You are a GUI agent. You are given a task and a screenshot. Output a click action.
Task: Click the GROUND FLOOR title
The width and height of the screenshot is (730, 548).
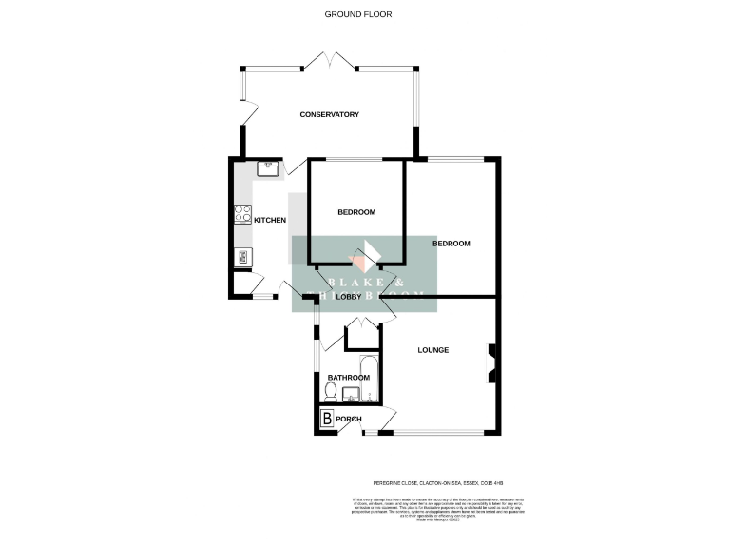(x=357, y=14)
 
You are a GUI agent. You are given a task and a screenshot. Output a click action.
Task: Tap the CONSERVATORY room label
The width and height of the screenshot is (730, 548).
(x=329, y=115)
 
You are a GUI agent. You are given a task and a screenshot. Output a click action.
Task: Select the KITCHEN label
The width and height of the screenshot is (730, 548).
(x=269, y=221)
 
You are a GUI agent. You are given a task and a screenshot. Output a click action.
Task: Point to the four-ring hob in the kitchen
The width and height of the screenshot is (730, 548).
(x=242, y=214)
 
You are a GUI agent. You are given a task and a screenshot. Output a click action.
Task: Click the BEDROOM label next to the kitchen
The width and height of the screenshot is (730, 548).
(x=356, y=212)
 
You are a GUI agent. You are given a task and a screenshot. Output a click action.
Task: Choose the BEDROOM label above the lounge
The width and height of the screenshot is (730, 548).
(x=451, y=244)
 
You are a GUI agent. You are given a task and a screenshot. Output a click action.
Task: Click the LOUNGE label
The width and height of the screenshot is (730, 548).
(x=433, y=351)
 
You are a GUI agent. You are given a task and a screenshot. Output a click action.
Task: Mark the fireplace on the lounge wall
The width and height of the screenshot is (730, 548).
(x=491, y=363)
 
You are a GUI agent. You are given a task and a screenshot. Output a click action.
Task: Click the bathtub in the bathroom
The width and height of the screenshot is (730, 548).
(x=370, y=379)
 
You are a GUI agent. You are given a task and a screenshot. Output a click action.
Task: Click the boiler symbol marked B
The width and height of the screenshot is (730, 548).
(x=326, y=419)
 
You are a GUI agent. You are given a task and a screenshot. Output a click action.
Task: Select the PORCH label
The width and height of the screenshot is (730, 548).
(x=349, y=420)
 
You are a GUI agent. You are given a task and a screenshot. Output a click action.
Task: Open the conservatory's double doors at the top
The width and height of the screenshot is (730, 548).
(x=330, y=62)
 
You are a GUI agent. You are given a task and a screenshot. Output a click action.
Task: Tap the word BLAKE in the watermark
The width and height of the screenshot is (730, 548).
(x=351, y=283)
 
